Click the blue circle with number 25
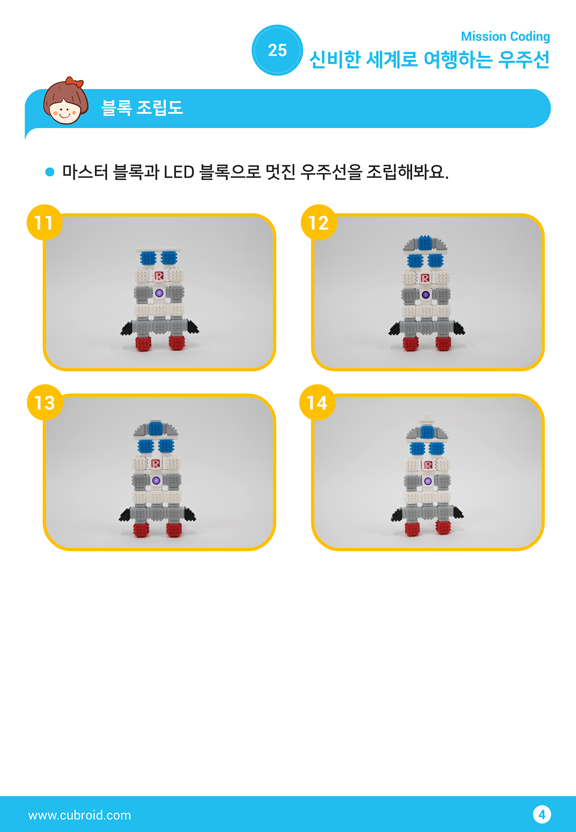pos(277,50)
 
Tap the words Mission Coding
pos(506,36)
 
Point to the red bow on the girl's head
pos(74,82)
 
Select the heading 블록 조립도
pos(142,108)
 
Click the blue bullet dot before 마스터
pos(50,172)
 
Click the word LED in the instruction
pos(179,172)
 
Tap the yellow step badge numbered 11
pos(44,222)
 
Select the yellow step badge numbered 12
pos(318,222)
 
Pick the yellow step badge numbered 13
pos(44,403)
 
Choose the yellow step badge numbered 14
pos(317,403)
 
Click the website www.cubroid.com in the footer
pos(80,815)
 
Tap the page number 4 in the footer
pos(542,814)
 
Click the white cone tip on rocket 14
pos(427,419)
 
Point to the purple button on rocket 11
pos(159,293)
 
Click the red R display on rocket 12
pos(425,278)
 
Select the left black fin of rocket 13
pos(125,514)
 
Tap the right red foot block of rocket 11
pos(177,342)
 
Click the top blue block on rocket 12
pos(425,243)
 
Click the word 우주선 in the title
pos(524,60)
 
